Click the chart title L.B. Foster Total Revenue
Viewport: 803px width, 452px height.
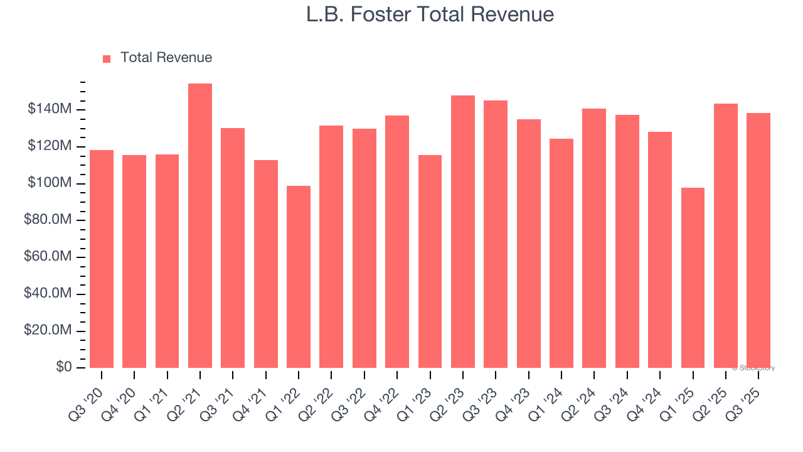click(430, 14)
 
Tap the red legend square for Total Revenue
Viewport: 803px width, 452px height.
click(107, 58)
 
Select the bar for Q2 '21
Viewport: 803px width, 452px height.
click(200, 226)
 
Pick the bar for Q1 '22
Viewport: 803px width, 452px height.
click(299, 277)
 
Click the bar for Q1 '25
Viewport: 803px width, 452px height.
click(693, 277)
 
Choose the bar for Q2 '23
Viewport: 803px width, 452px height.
click(462, 232)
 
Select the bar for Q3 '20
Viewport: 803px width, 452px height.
click(102, 259)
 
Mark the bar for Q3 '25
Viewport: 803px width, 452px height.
click(758, 240)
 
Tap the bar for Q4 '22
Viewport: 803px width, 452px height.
click(397, 242)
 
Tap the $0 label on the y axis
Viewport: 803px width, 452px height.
click(63, 367)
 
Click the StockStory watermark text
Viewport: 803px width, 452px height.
click(754, 368)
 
